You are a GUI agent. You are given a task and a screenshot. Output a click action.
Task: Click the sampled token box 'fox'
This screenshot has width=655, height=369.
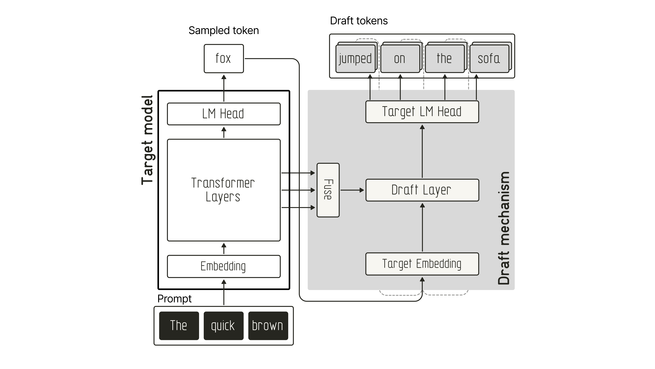(224, 59)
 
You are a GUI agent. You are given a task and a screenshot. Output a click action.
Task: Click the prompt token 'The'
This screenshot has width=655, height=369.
(179, 326)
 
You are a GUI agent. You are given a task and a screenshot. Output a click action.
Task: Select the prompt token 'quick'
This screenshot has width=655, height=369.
(224, 326)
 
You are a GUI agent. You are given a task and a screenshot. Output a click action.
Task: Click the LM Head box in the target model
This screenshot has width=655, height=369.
(224, 114)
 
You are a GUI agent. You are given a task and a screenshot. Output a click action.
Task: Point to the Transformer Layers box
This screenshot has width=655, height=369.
(224, 190)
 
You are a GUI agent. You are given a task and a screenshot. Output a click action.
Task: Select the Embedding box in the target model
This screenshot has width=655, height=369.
(224, 266)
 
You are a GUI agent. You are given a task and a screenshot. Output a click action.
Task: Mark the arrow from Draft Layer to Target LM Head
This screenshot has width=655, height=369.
(422, 151)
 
